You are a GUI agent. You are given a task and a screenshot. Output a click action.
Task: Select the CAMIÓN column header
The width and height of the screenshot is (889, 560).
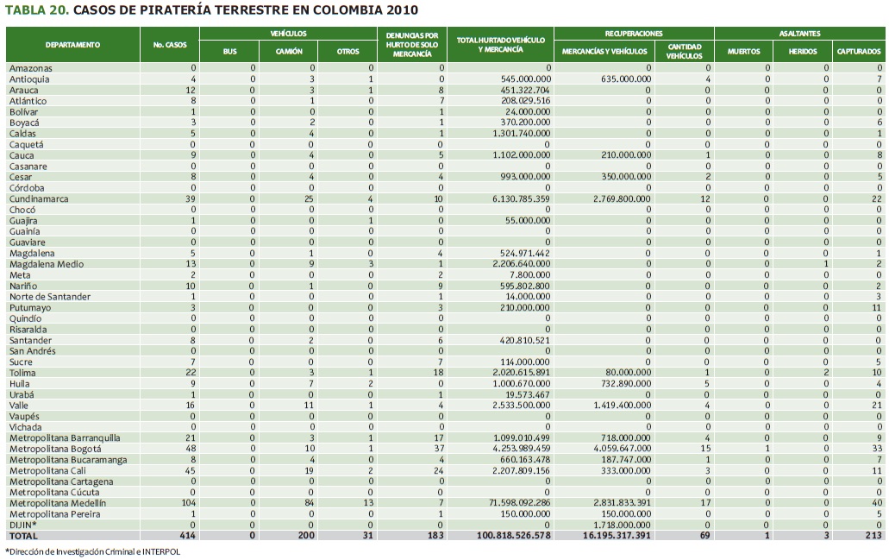pyautogui.click(x=288, y=52)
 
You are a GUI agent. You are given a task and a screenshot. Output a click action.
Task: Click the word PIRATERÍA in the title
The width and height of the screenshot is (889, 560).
pyautogui.click(x=197, y=10)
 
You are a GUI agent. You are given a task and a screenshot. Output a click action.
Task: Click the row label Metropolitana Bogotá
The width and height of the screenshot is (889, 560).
pyautogui.click(x=55, y=449)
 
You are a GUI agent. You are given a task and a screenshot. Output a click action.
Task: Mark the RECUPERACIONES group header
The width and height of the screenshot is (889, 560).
pyautogui.click(x=634, y=33)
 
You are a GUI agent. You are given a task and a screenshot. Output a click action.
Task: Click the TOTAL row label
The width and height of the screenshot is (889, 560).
pyautogui.click(x=24, y=536)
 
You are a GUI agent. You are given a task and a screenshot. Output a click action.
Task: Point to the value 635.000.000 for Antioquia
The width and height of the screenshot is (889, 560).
pyautogui.click(x=626, y=79)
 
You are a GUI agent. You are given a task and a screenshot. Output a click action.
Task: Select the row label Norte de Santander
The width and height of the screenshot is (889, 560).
pyautogui.click(x=50, y=297)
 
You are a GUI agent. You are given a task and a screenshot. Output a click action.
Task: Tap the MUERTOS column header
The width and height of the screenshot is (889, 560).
pyautogui.click(x=743, y=52)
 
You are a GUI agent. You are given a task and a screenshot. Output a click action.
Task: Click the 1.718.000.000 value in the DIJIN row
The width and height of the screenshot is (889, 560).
pyautogui.click(x=621, y=525)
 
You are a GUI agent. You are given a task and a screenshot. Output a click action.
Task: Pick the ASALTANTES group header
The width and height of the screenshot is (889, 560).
pyautogui.click(x=799, y=33)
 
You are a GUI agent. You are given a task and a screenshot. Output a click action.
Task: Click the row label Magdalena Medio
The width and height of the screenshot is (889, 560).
pyautogui.click(x=43, y=264)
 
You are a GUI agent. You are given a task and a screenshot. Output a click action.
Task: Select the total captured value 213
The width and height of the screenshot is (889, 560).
pyautogui.click(x=873, y=536)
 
